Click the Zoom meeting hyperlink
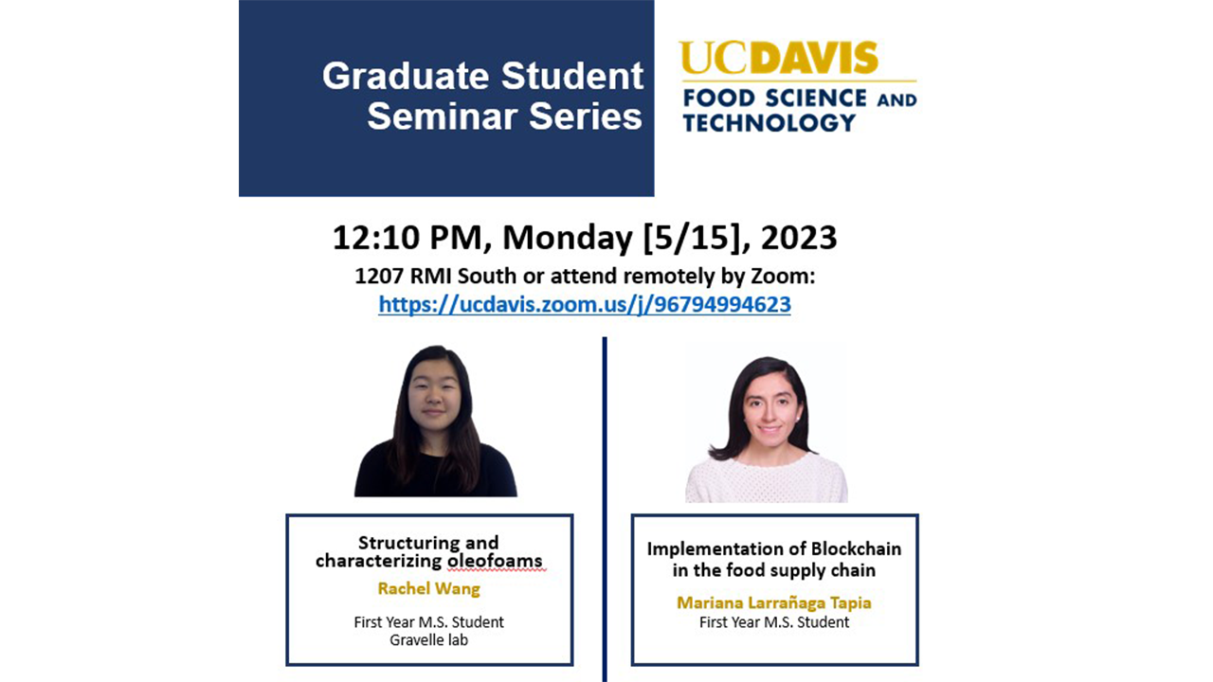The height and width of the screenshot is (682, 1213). click(585, 305)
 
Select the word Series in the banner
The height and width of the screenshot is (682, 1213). click(586, 117)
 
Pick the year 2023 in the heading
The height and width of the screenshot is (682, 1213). click(799, 238)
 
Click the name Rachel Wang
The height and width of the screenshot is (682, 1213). click(429, 589)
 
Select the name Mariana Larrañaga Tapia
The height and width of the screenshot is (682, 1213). click(774, 602)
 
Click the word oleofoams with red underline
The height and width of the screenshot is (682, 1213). click(495, 561)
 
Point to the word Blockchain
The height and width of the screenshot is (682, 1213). click(856, 548)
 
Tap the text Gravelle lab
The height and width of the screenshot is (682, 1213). click(429, 639)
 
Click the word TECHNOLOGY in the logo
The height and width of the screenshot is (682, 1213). click(769, 123)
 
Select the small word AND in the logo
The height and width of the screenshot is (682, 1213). click(896, 100)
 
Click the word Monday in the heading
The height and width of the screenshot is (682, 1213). click(568, 238)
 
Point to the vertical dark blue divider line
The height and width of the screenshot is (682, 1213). click(605, 509)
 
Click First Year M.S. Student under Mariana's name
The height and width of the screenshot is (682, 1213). click(774, 622)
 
